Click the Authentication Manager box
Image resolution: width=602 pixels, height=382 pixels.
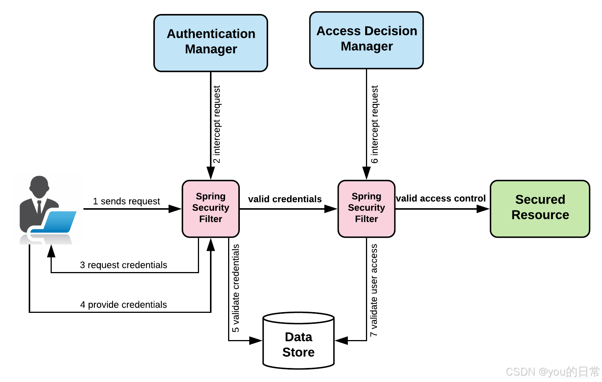[x=211, y=43]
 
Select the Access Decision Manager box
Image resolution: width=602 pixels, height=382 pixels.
[x=366, y=40]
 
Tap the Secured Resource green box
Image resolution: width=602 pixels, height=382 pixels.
[x=540, y=208]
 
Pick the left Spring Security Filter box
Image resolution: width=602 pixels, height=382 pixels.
[x=211, y=208]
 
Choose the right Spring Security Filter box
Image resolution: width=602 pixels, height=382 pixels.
[x=366, y=208]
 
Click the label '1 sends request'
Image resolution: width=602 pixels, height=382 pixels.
[x=127, y=201]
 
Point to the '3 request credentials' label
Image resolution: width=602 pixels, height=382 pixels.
[x=123, y=265]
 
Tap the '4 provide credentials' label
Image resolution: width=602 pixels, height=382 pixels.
[x=123, y=305]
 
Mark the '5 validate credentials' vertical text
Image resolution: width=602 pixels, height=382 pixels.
[x=236, y=288]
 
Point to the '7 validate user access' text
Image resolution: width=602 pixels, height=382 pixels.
[x=374, y=290]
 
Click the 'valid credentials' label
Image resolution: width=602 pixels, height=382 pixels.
[x=285, y=199]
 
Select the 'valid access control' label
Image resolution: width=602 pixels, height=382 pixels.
[x=441, y=198]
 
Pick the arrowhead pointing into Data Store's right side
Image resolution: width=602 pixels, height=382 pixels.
[x=341, y=340]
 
